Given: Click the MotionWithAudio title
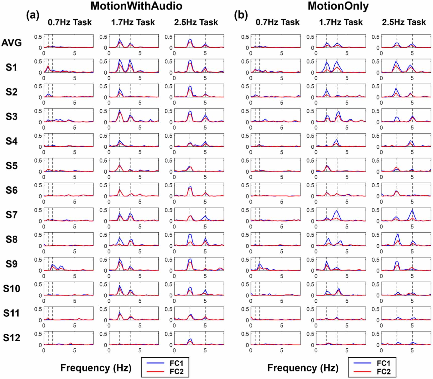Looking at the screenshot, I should (x=136, y=6).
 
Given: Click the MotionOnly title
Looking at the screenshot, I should (x=338, y=6).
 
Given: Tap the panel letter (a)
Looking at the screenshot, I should (x=33, y=16).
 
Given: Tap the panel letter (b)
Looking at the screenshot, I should (x=241, y=16).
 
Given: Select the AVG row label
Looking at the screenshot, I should (x=12, y=43).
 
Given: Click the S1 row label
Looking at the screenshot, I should (x=12, y=67).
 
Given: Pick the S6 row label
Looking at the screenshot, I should (x=12, y=190).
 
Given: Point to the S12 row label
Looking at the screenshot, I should (x=12, y=338).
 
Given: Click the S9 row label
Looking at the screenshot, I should (x=12, y=264).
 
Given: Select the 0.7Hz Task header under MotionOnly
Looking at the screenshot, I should (x=277, y=22).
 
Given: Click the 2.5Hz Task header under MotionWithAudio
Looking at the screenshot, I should (x=196, y=22).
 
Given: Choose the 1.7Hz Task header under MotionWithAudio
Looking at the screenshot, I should (x=133, y=22).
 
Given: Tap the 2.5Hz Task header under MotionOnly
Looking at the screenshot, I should (x=404, y=22).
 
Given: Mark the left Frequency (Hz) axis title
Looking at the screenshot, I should (x=96, y=368).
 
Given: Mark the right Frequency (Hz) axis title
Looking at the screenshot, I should (x=303, y=368).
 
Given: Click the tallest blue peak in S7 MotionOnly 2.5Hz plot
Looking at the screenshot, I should (x=412, y=210).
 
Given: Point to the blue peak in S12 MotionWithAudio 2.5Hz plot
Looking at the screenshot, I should (x=191, y=339).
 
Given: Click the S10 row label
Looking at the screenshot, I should (x=12, y=289).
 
